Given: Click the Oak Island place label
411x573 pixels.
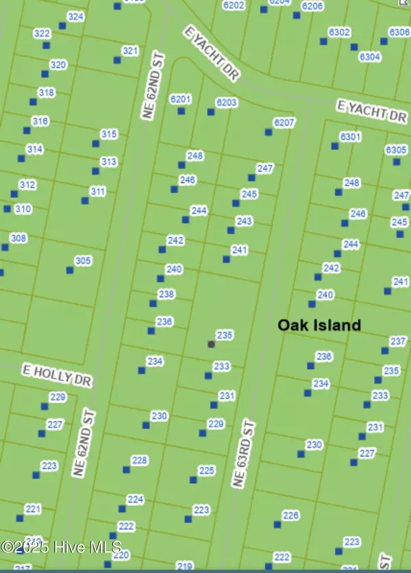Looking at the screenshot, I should (x=319, y=325).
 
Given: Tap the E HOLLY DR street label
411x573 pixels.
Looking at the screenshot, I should (x=57, y=374).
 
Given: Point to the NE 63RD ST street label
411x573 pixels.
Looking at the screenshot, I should (x=243, y=455).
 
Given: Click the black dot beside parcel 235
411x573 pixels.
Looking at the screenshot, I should (x=211, y=344).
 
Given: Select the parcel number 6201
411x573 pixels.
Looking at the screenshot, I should (x=180, y=99).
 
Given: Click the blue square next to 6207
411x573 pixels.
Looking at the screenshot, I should (x=269, y=132).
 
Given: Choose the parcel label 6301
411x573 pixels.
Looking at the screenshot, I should (x=350, y=137).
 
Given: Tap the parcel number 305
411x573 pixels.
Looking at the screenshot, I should (x=83, y=261).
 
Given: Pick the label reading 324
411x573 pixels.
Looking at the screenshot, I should (x=76, y=16).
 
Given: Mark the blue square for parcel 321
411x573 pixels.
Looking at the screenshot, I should (x=117, y=60).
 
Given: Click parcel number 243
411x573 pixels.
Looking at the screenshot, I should (x=244, y=221).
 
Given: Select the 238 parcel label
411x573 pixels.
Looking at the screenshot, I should (x=166, y=294).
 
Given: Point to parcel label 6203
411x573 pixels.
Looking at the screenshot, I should (x=226, y=103).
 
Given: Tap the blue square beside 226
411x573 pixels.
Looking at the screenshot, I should (x=277, y=525).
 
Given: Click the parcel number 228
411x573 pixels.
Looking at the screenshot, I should (x=139, y=461).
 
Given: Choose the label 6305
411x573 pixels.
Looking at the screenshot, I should (x=396, y=150).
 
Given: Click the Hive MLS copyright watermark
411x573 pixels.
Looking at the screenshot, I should (x=62, y=547).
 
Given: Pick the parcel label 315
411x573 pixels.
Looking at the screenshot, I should (x=109, y=134).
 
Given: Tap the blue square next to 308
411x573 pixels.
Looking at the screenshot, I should (x=5, y=247).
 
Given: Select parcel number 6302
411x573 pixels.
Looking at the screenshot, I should (x=339, y=32).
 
